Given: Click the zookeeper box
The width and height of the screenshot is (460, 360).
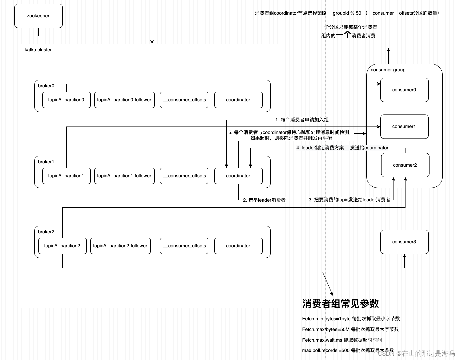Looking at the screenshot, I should [38, 16].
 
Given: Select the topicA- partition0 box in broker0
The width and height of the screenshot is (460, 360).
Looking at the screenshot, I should [66, 100].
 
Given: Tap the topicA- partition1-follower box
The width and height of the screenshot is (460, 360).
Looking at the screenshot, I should [124, 176].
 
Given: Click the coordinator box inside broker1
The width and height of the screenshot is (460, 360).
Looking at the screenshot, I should [238, 176].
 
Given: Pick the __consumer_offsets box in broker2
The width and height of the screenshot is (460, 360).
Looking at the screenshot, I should [184, 246].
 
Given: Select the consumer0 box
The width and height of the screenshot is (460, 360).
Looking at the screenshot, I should [404, 90].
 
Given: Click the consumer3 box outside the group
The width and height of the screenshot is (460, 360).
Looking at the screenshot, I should [404, 242].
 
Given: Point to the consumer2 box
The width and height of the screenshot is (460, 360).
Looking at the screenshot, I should [405, 165].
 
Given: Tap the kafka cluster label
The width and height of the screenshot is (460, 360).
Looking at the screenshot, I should [38, 50].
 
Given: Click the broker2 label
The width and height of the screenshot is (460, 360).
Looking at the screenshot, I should [46, 232].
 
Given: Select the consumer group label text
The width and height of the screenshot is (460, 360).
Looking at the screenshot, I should [388, 70].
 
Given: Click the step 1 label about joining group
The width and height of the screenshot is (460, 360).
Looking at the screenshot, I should [302, 120].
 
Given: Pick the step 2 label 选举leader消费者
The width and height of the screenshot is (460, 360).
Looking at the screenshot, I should [264, 200].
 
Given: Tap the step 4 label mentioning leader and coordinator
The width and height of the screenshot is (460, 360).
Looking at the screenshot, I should [342, 148].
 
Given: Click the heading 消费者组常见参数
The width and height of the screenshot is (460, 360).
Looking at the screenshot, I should [340, 304].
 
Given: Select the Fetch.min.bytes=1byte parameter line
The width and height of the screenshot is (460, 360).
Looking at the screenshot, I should [351, 319].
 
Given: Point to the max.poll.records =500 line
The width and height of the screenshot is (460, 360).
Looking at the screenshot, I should [348, 350].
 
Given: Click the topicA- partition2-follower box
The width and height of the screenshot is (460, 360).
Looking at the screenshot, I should [120, 246].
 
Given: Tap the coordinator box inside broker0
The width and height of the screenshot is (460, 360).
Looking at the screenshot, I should [238, 100].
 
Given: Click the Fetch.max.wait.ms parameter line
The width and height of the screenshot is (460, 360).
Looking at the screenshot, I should [342, 340].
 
